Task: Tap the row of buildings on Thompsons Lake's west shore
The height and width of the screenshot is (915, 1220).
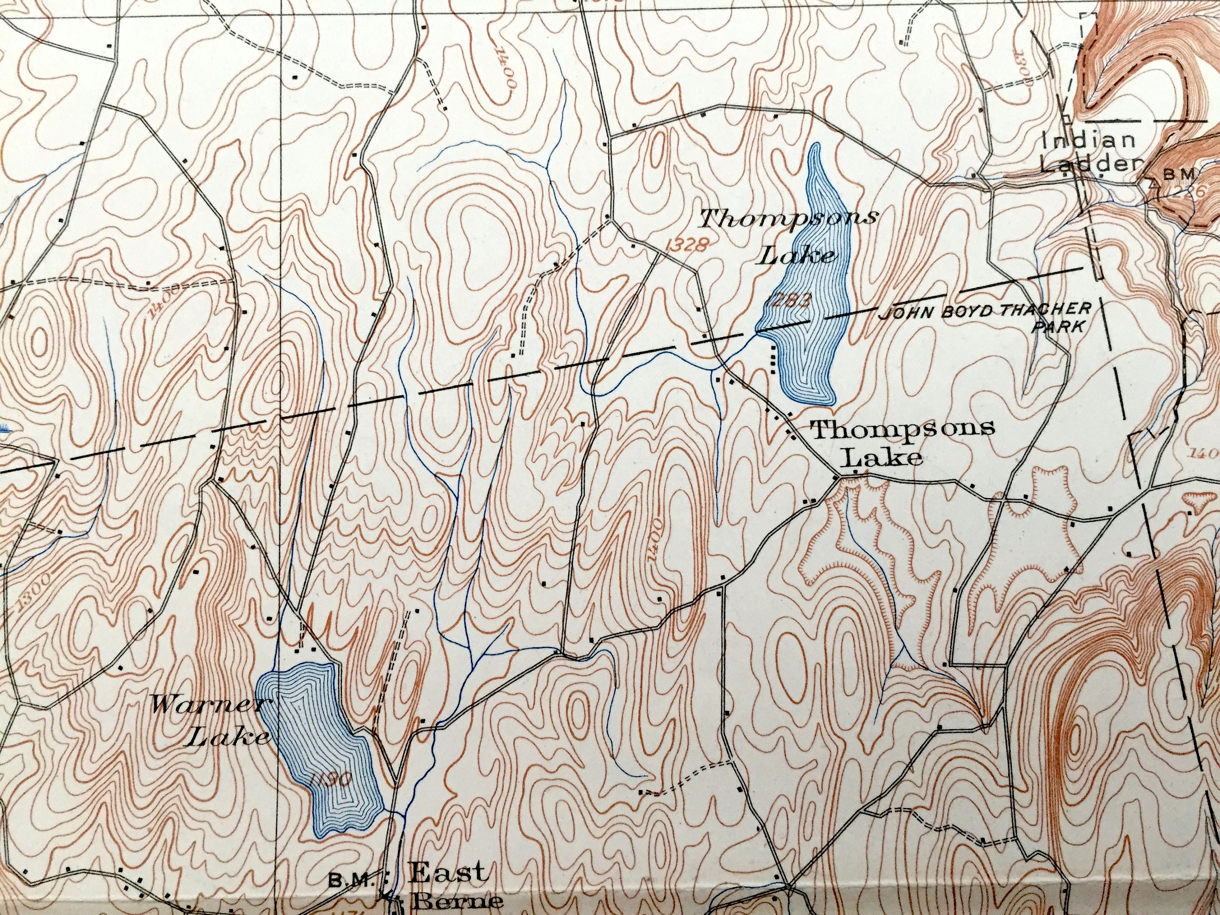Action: (x=773, y=359)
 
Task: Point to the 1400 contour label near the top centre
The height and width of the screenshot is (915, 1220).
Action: (x=506, y=66)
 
